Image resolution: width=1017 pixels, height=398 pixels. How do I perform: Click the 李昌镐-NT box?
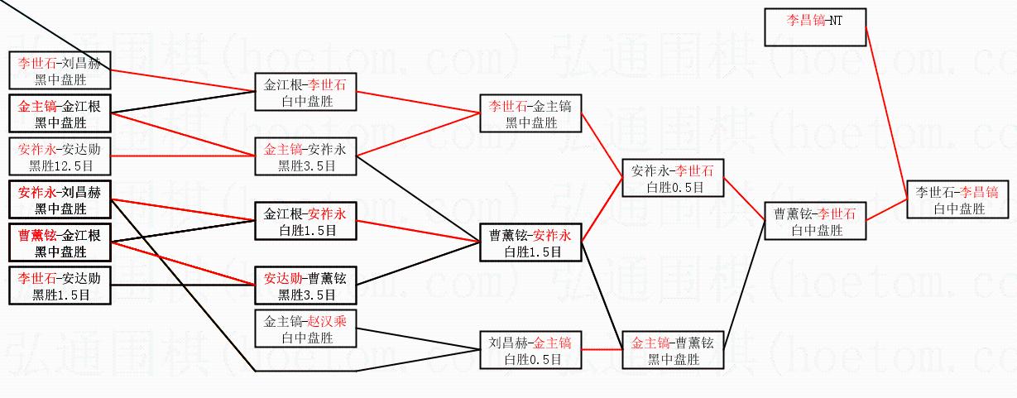pyautogui.click(x=815, y=27)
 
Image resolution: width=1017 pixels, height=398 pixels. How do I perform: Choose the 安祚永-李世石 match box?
pyautogui.click(x=673, y=178)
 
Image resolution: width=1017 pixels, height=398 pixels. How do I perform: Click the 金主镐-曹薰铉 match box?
pyautogui.click(x=673, y=350)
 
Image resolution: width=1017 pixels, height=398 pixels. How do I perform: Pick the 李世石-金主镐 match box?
pyautogui.click(x=530, y=113)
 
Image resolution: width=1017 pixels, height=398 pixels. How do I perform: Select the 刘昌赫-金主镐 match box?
pyautogui.click(x=530, y=350)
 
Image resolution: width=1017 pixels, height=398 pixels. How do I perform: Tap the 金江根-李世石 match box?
pyautogui.click(x=305, y=92)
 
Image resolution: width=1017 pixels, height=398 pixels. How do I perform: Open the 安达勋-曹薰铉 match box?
pyautogui.click(x=305, y=285)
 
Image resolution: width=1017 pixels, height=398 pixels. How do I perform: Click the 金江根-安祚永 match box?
pyautogui.click(x=305, y=221)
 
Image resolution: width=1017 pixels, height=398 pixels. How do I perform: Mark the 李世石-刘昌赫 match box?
pyautogui.click(x=60, y=70)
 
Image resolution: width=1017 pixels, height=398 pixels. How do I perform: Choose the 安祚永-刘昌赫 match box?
pyautogui.click(x=60, y=199)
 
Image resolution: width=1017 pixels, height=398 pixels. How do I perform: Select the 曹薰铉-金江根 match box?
pyautogui.click(x=60, y=242)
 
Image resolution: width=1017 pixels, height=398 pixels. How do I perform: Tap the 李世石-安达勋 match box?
pyautogui.click(x=60, y=285)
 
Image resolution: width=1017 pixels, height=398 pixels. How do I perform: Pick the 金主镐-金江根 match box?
pyautogui.click(x=60, y=113)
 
